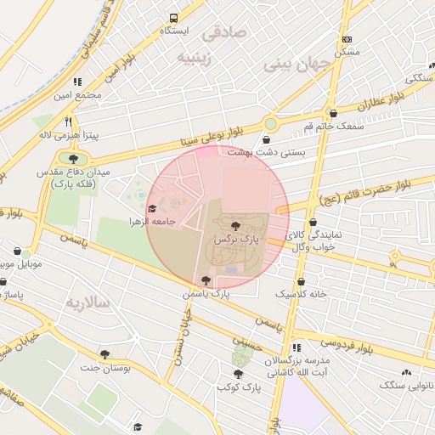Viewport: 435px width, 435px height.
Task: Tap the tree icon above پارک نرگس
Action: [x=235, y=226]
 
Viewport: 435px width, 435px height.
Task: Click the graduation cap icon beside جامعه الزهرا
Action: [x=152, y=208]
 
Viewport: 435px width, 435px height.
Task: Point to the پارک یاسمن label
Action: [x=206, y=293]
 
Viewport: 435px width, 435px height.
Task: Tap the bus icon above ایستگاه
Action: [x=174, y=17]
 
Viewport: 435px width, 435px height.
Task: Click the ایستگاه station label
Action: [x=174, y=31]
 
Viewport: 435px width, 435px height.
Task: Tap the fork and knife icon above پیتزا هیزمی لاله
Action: [x=69, y=121]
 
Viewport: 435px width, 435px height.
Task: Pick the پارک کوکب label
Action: [x=238, y=387]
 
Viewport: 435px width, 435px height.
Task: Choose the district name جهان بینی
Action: [x=293, y=63]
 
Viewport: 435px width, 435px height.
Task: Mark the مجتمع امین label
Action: [x=79, y=95]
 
